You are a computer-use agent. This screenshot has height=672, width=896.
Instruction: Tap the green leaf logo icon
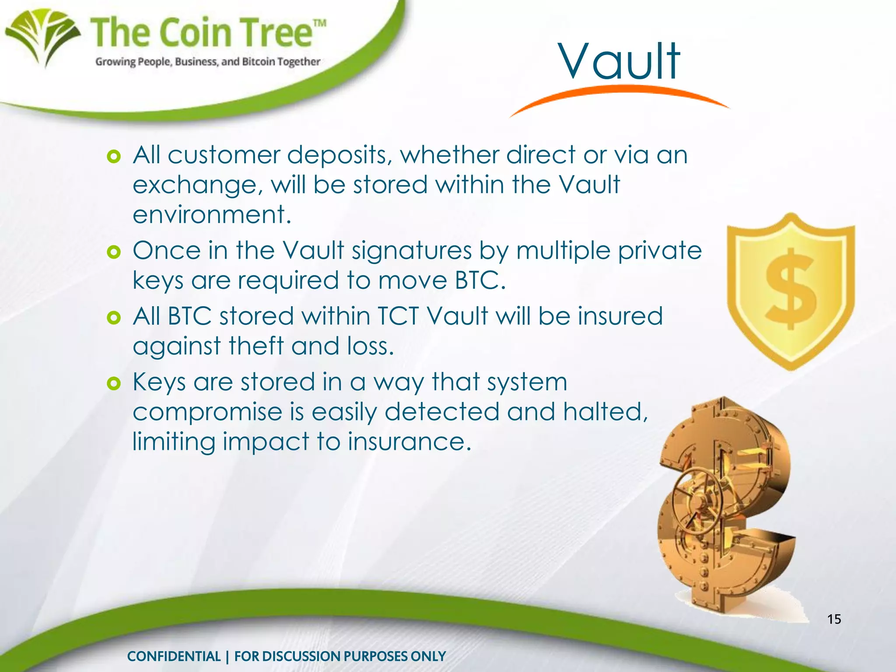[x=43, y=37]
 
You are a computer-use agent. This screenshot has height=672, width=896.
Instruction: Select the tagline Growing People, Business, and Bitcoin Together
[x=208, y=62]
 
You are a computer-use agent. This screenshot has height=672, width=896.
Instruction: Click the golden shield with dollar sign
[x=791, y=291]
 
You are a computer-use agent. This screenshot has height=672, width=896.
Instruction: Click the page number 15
[x=834, y=619]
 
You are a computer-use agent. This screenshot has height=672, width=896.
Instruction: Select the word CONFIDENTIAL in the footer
[x=174, y=656]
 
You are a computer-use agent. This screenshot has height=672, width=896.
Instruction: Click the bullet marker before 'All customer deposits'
[x=114, y=157]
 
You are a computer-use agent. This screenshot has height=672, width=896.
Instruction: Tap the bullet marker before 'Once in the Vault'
[x=114, y=252]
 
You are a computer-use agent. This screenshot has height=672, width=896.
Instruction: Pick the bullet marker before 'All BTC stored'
[x=114, y=318]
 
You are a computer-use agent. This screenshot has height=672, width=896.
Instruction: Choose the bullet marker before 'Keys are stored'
[x=114, y=384]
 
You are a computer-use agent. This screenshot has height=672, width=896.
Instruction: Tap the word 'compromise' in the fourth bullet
[x=207, y=412]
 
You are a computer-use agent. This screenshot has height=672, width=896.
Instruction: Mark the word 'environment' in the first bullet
[x=209, y=215]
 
